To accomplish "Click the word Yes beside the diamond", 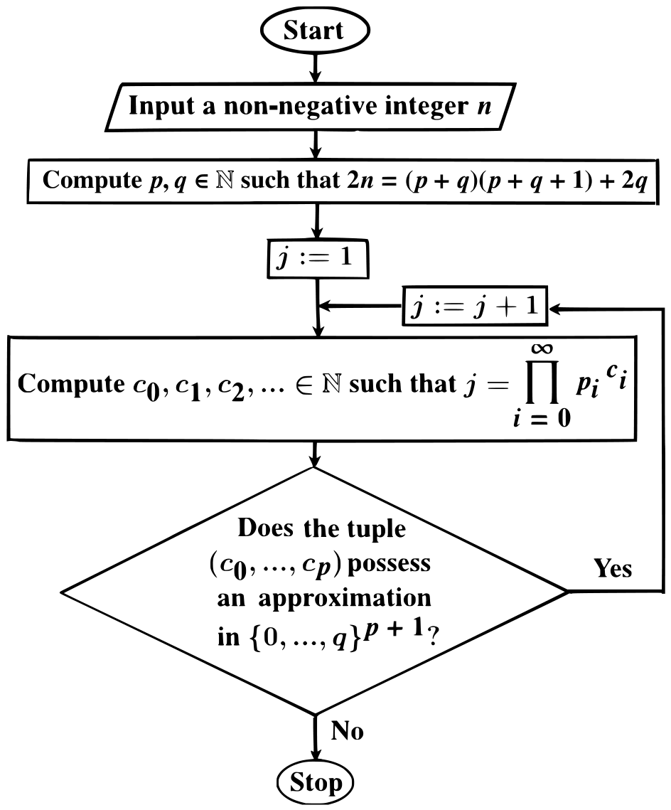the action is point(613,568).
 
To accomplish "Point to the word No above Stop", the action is point(347,731).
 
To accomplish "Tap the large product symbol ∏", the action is point(542,382).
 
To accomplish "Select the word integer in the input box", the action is point(426,107).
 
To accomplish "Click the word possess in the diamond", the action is point(389,565).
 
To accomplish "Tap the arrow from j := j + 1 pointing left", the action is point(360,306).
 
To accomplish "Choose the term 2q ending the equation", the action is point(634,181).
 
